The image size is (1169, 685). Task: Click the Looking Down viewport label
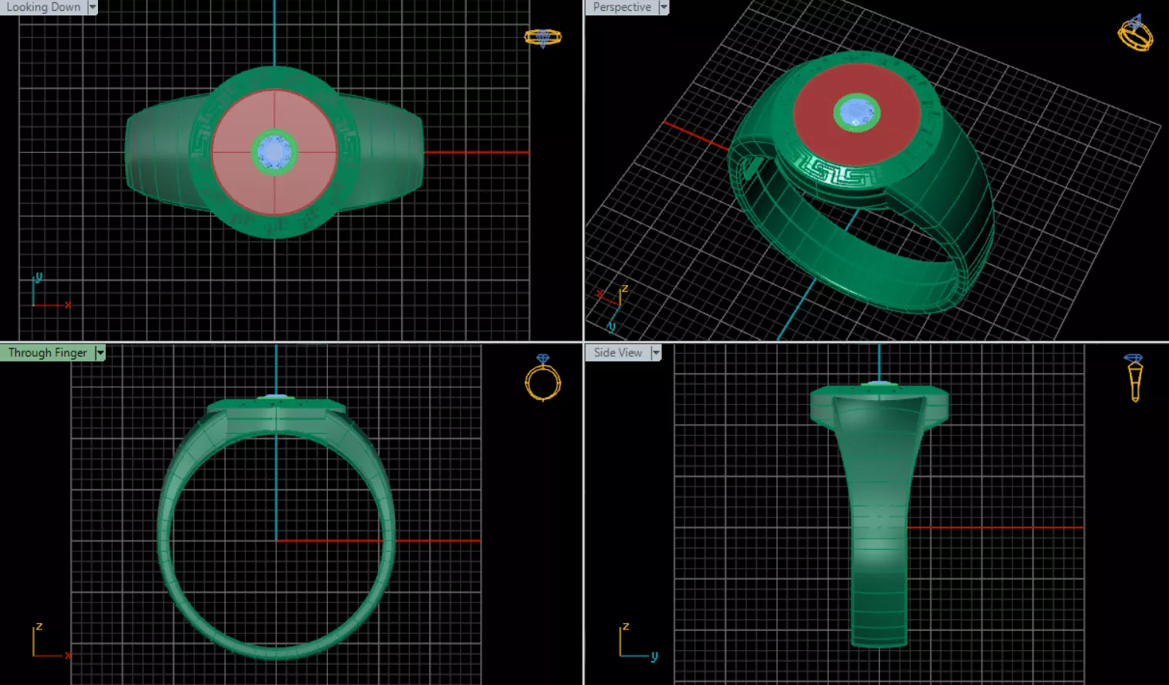coord(43,7)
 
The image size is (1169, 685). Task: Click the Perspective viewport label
coord(622,7)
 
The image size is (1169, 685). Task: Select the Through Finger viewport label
coord(47,353)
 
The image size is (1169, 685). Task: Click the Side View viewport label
coord(617,353)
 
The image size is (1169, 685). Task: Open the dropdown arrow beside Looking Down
coord(93,7)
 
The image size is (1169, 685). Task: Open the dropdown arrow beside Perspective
coord(664,7)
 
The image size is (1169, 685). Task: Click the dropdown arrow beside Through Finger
coord(100,353)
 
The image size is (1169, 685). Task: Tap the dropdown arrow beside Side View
coord(656,353)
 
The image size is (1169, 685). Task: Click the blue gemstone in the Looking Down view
coord(274,152)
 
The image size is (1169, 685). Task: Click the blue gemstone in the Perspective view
coord(857,113)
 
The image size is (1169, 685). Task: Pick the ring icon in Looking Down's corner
coord(542,37)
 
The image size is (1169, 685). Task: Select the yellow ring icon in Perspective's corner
coord(1135,33)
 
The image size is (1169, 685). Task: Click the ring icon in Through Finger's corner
coord(542,378)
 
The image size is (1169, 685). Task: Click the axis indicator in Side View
coord(635,643)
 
